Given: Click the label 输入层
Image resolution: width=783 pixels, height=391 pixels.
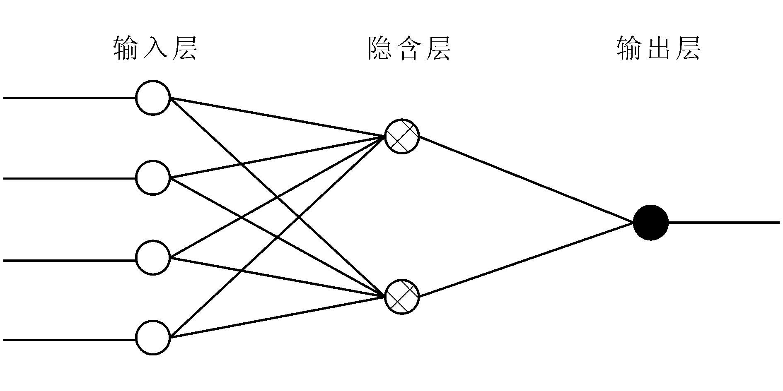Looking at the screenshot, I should click(155, 49).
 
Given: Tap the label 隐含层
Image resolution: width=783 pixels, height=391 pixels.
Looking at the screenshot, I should click(409, 49).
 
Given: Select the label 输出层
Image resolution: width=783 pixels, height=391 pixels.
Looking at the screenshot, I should click(658, 49).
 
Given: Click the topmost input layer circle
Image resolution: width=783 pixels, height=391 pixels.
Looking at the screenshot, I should click(153, 98).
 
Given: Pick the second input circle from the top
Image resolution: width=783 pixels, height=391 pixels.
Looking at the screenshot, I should click(153, 178).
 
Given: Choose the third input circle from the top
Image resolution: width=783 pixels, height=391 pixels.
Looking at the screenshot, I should click(153, 257).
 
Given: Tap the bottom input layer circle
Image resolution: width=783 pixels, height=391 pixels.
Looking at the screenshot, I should click(153, 338).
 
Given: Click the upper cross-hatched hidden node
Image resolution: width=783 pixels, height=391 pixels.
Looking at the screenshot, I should click(402, 137).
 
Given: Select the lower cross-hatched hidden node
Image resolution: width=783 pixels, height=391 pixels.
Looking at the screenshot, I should click(402, 297).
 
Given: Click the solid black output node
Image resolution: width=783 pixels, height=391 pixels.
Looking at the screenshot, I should click(650, 222).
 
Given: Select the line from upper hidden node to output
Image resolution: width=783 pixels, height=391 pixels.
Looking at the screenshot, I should click(526, 179).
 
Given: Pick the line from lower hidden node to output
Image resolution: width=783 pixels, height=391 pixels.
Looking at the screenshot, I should click(526, 260).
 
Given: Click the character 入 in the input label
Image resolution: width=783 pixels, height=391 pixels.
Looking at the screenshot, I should click(155, 49).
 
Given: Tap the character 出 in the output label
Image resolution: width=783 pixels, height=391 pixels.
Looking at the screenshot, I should click(658, 49).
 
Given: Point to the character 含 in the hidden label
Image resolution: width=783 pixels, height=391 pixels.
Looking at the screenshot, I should click(409, 49).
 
